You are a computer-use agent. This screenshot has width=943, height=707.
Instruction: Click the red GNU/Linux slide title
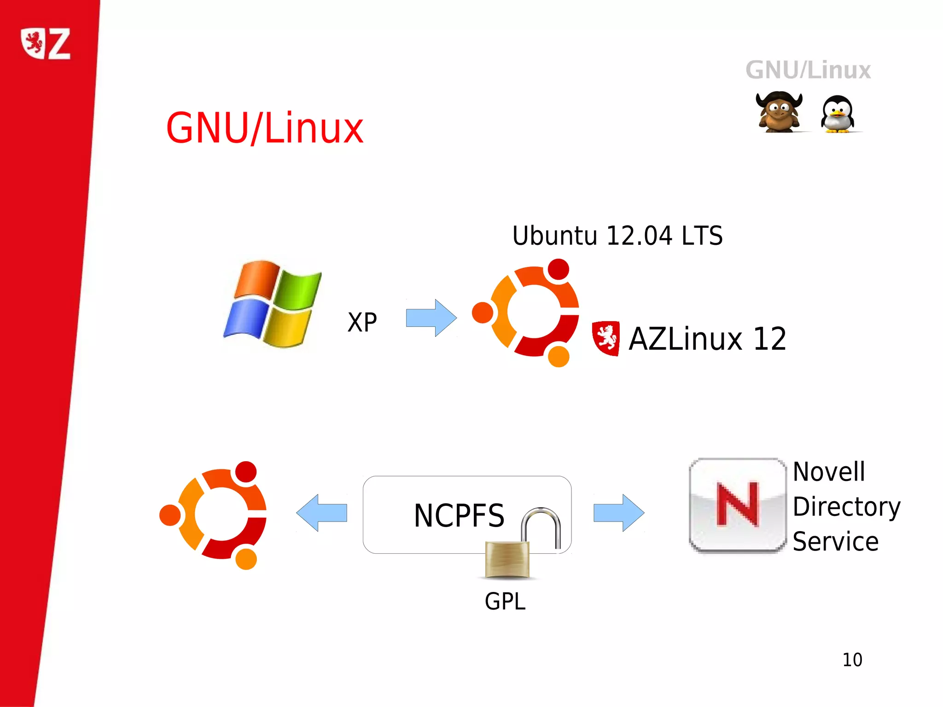pyautogui.click(x=265, y=128)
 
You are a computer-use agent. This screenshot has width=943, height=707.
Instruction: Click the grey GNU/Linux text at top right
pyautogui.click(x=808, y=70)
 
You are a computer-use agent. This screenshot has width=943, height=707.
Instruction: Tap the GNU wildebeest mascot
pyautogui.click(x=779, y=112)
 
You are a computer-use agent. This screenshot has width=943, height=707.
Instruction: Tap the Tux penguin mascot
pyautogui.click(x=837, y=114)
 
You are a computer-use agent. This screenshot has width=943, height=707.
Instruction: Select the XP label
pyautogui.click(x=362, y=322)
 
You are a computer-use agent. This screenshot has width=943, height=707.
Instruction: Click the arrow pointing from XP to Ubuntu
pyautogui.click(x=431, y=318)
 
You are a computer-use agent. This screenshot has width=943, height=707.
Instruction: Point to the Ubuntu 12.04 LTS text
pyautogui.click(x=617, y=236)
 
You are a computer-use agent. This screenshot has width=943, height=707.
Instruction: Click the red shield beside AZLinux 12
pyautogui.click(x=605, y=338)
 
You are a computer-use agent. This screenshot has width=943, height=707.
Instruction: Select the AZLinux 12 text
pyautogui.click(x=707, y=339)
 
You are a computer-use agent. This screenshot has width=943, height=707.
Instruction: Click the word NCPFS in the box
pyautogui.click(x=459, y=516)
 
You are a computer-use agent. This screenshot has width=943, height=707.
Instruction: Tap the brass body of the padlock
pyautogui.click(x=507, y=559)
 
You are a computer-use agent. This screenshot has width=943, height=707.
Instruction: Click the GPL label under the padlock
pyautogui.click(x=505, y=601)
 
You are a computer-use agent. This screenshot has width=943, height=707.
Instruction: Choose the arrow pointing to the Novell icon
pyautogui.click(x=618, y=513)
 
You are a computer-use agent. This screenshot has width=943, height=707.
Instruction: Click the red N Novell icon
pyautogui.click(x=738, y=505)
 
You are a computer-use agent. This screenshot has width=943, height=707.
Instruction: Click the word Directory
pyautogui.click(x=846, y=507)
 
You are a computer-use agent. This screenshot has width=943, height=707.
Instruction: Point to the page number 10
pyautogui.click(x=852, y=660)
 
